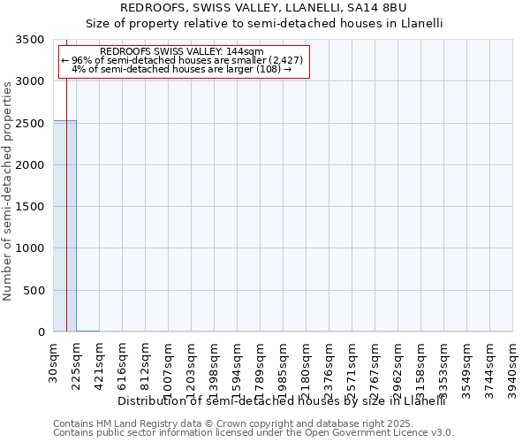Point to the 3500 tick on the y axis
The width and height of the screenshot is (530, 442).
33,40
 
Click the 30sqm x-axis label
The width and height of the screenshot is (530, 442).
54,363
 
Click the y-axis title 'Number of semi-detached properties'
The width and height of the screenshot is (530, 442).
8,190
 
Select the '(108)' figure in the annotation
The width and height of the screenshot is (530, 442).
267,69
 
